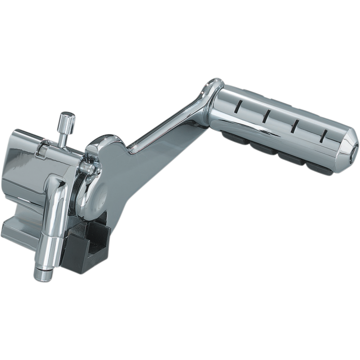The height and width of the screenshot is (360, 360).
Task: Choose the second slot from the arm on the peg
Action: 266,116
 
